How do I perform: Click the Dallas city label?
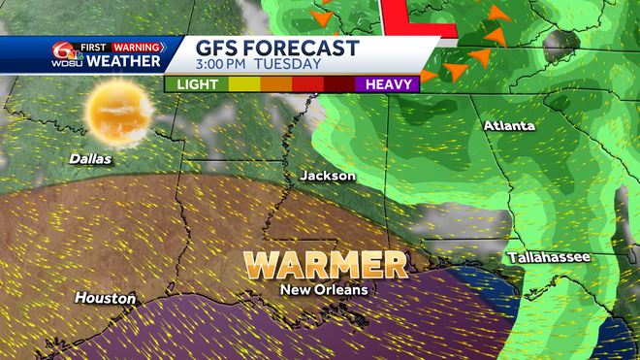click(90, 158)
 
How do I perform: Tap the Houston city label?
click(105, 298)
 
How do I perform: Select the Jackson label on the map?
click(328, 176)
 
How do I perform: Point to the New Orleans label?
click(324, 289)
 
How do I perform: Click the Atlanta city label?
click(509, 126)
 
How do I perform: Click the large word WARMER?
click(325, 264)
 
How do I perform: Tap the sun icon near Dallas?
click(119, 111)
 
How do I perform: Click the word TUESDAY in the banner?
click(290, 65)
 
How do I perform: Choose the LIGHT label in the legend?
click(197, 84)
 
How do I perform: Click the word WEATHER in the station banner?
click(123, 62)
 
